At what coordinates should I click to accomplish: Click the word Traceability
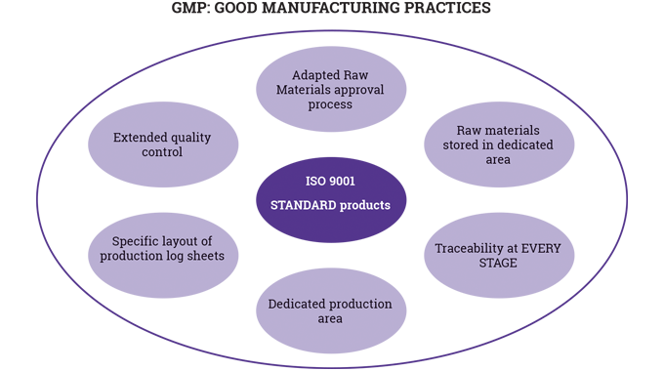click(x=474, y=248)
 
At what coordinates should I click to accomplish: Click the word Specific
click(x=137, y=240)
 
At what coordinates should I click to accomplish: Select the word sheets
click(x=206, y=255)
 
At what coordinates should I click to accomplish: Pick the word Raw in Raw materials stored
click(x=469, y=130)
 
